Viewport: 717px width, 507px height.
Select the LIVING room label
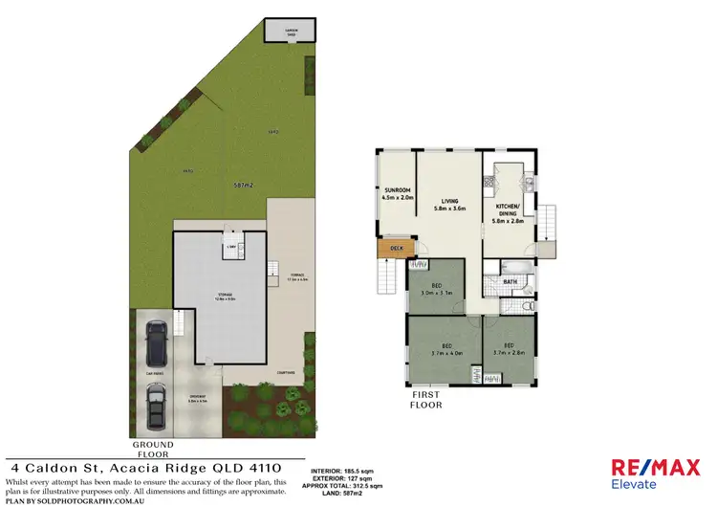[448, 198]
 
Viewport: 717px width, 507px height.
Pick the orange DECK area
[392, 250]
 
